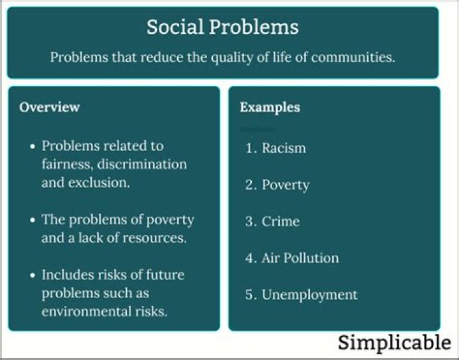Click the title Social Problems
click(x=222, y=27)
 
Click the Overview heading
click(x=50, y=107)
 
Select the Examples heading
click(x=270, y=107)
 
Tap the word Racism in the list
click(x=284, y=148)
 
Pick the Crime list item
click(x=280, y=222)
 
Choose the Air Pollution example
click(x=300, y=258)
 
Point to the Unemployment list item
click(x=310, y=295)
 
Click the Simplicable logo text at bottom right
click(x=394, y=342)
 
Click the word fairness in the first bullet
click(x=64, y=164)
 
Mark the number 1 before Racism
click(x=250, y=148)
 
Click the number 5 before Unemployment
click(x=250, y=295)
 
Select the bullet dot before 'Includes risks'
click(x=33, y=276)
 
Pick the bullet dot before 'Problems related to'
click(x=33, y=147)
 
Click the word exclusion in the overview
click(x=98, y=182)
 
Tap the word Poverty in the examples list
click(x=286, y=185)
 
